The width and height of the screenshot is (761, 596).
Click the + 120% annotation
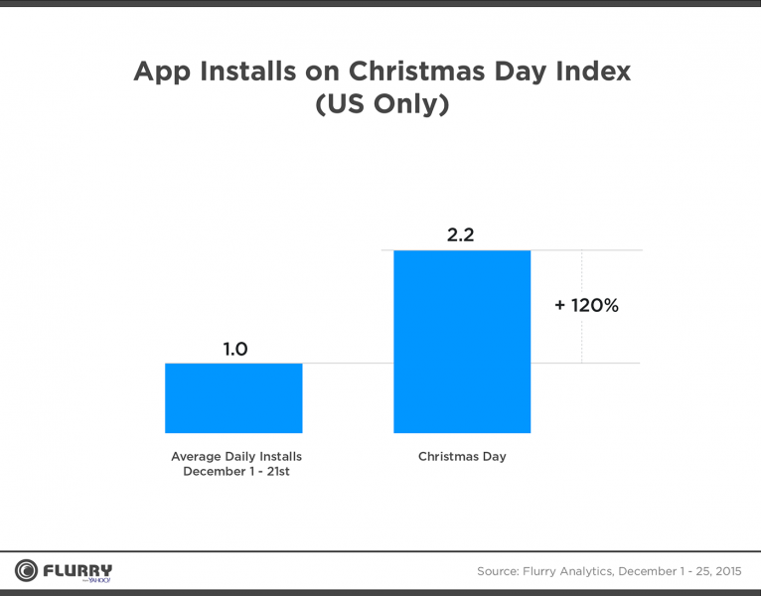click(586, 306)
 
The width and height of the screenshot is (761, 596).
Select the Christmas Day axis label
click(462, 456)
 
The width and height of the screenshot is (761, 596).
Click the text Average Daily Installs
click(235, 456)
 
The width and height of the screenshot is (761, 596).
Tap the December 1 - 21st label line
click(235, 471)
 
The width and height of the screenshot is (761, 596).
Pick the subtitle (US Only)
click(381, 105)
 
